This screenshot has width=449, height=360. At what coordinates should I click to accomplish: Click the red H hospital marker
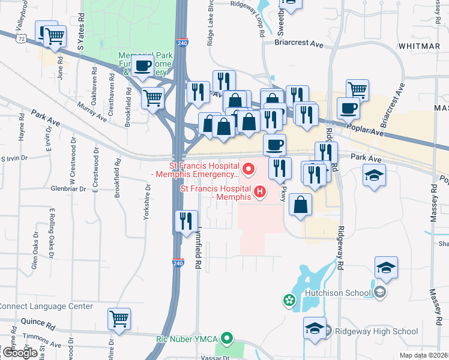260,192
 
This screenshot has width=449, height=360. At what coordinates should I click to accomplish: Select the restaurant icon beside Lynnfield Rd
185,220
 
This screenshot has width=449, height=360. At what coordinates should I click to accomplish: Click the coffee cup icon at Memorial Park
142,65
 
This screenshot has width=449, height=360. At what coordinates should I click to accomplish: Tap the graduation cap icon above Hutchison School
386,268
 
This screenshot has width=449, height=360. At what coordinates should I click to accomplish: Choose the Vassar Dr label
218,357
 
